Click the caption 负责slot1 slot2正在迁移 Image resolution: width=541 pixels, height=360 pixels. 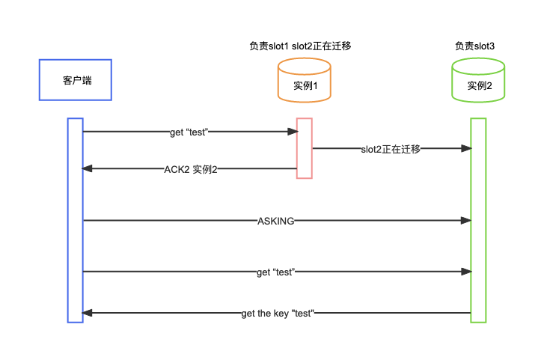(x=300, y=46)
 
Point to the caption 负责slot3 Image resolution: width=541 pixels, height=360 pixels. (x=474, y=46)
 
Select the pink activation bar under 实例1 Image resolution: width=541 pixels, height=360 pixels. (x=304, y=148)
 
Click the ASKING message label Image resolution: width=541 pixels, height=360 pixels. (x=275, y=221)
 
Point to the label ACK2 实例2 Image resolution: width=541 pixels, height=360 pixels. (x=191, y=169)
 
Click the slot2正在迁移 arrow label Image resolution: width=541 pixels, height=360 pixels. (x=391, y=149)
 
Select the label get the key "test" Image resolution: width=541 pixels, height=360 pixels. (x=277, y=313)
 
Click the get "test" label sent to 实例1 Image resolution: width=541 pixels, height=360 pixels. (x=189, y=132)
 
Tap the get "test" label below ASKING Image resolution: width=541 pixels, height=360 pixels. (x=275, y=272)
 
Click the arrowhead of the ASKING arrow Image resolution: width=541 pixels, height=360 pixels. (x=466, y=220)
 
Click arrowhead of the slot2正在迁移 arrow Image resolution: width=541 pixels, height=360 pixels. (x=466, y=148)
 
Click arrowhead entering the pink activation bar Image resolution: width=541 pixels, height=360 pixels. (x=293, y=132)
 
